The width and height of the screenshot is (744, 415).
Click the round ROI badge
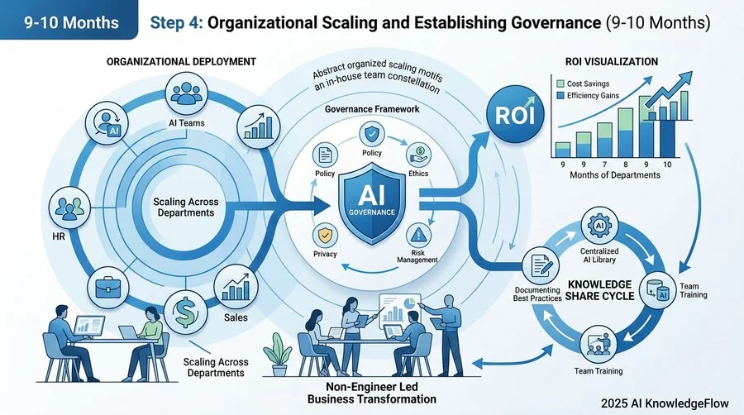pos(515,115)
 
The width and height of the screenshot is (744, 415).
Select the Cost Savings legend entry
pos(583,83)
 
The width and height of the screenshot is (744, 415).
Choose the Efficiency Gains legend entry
pos(588,95)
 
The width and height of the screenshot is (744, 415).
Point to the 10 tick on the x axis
pos(667,165)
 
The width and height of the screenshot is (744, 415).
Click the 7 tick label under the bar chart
pos(604,165)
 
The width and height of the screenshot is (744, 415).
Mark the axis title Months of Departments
pos(615,175)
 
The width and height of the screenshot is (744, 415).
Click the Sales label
pos(236,317)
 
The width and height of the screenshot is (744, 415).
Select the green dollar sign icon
pos(184,311)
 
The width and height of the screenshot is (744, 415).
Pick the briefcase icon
pos(108,288)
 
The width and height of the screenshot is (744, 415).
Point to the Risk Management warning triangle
pos(418,235)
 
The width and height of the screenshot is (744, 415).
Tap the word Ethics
pos(418,174)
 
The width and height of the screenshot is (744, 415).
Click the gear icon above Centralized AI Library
pos(599,226)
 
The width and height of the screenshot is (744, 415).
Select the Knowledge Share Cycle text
pos(600,290)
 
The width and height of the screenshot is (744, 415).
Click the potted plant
pos(278,355)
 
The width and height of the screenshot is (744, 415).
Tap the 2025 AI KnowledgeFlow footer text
pos(665,403)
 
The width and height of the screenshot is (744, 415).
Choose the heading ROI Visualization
pos(612,62)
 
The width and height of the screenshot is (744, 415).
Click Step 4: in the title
pos(176,23)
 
